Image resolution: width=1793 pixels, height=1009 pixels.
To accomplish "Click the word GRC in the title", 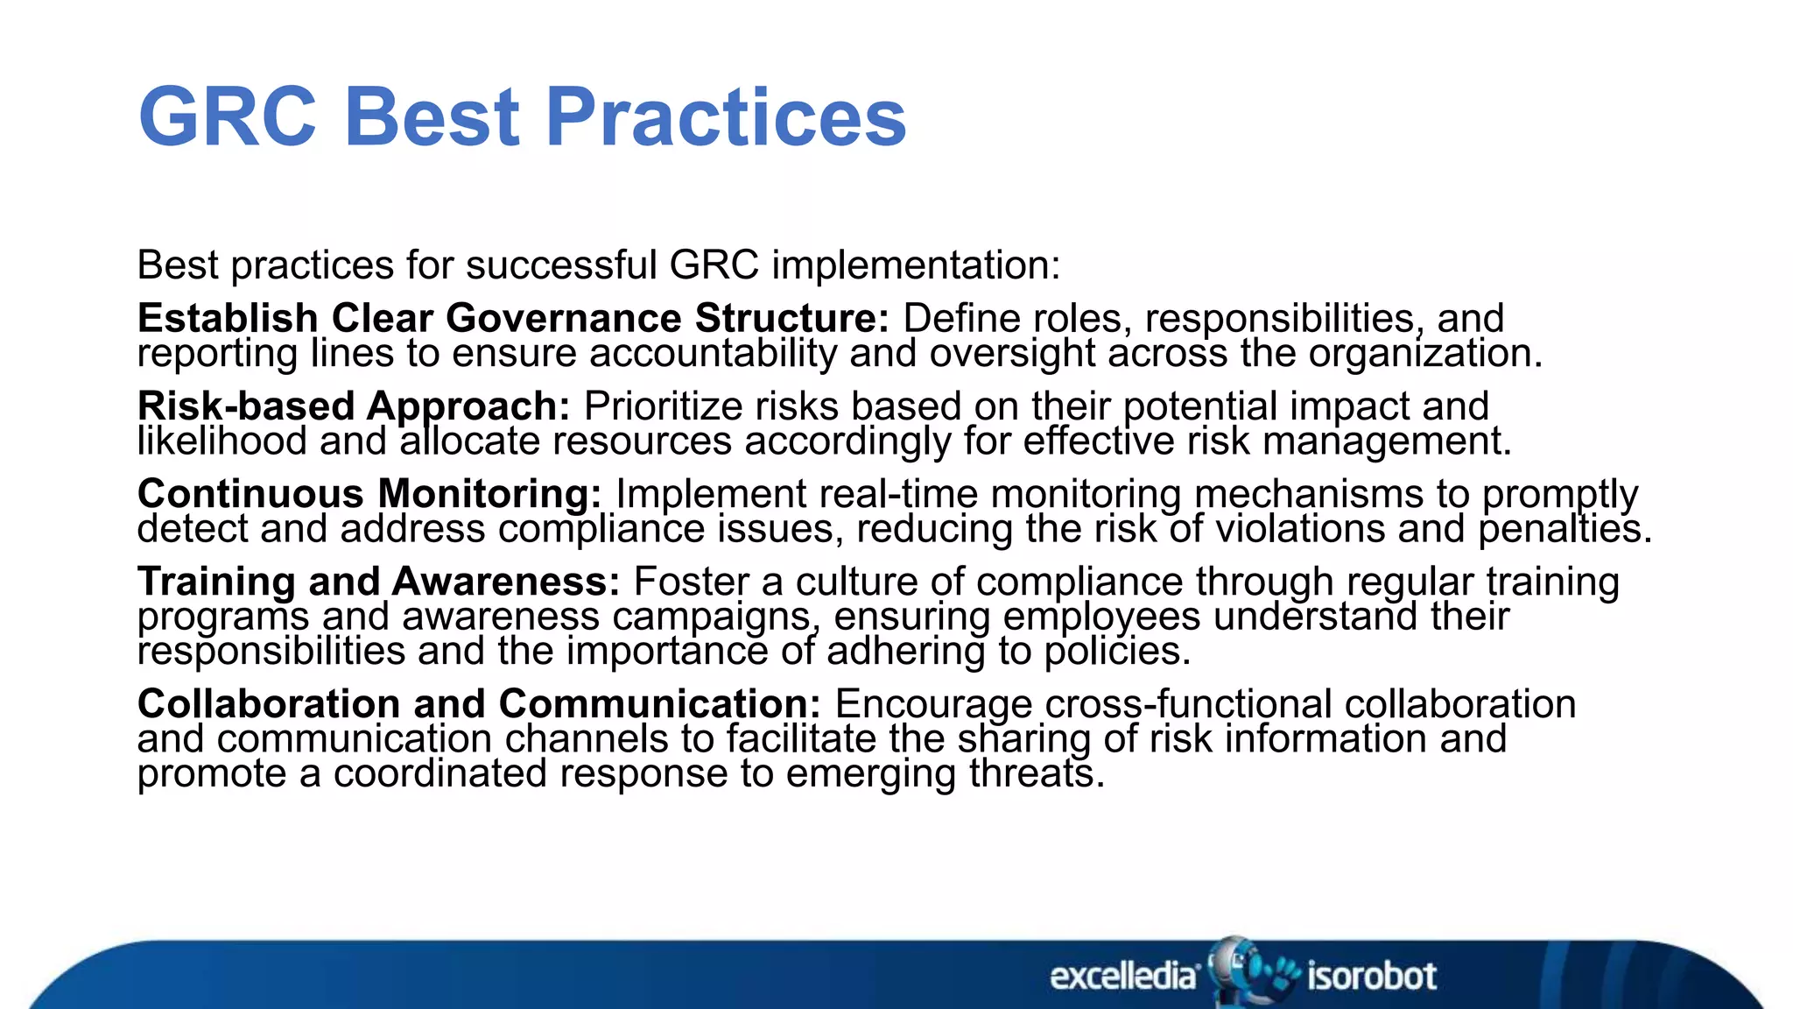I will (227, 117).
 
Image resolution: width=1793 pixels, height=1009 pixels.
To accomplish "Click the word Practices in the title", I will (726, 117).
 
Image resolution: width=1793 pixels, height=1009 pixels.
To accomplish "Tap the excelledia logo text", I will (1123, 976).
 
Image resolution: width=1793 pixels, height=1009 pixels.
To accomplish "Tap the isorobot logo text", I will (1371, 976).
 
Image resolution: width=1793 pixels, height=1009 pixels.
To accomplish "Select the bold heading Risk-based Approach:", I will (354, 406).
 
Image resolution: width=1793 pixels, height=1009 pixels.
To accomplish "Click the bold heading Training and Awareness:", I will (378, 582).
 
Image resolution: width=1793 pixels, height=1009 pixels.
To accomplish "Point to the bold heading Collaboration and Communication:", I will (479, 704).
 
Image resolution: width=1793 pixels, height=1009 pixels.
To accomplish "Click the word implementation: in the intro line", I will (916, 265).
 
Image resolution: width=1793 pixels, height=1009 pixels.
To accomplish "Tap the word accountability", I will (713, 354).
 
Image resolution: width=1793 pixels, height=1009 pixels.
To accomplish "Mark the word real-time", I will (898, 494).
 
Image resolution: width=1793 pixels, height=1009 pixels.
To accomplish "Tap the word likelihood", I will (221, 441).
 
